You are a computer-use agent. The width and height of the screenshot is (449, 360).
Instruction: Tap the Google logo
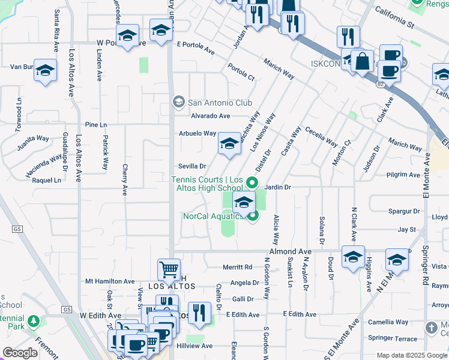(x=20, y=353)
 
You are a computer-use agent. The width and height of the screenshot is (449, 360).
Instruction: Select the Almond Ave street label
(x=291, y=251)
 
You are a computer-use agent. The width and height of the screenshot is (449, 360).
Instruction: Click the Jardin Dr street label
(x=277, y=188)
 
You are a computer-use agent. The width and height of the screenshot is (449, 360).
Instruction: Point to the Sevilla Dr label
(x=192, y=166)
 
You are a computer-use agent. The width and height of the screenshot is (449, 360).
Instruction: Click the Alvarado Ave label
(x=211, y=116)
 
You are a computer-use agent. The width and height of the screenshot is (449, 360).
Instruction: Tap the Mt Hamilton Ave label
(x=110, y=281)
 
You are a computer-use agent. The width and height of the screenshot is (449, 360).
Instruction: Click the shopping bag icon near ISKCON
(x=363, y=61)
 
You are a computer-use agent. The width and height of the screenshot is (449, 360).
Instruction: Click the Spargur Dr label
(x=404, y=211)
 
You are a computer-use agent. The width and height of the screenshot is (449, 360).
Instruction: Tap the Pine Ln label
(x=95, y=125)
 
